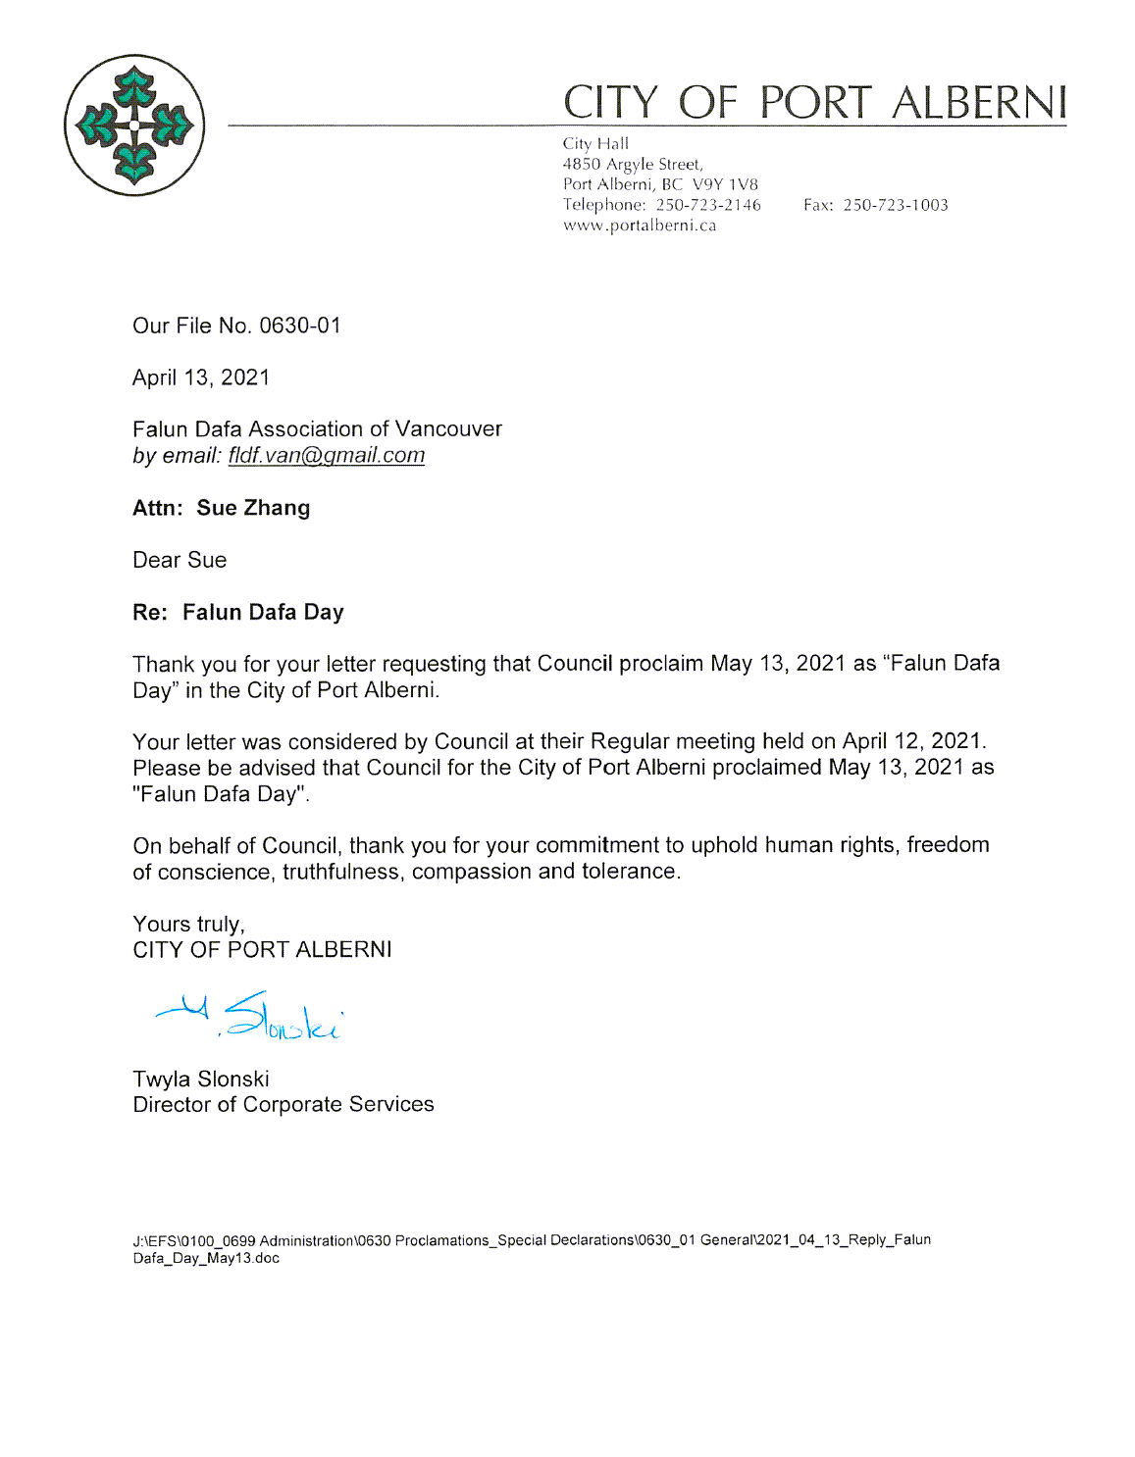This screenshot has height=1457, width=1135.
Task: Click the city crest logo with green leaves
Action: click(x=134, y=126)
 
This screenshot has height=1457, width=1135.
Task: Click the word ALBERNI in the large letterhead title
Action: click(x=978, y=103)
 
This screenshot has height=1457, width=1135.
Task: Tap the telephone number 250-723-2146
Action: click(x=708, y=205)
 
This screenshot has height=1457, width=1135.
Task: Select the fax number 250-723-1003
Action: click(x=895, y=205)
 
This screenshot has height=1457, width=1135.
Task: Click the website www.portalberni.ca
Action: click(x=640, y=226)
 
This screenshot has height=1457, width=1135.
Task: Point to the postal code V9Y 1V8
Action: click(x=725, y=184)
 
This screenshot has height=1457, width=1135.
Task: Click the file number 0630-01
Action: click(x=300, y=326)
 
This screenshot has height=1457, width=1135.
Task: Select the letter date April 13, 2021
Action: click(x=201, y=377)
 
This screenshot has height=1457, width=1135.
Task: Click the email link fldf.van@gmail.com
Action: click(x=327, y=455)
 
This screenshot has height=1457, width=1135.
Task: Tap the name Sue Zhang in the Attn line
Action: click(x=253, y=508)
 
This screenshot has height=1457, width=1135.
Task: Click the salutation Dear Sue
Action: click(x=180, y=560)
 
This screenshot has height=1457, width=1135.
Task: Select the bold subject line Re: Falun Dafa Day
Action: click(x=238, y=612)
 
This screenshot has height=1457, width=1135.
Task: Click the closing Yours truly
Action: click(x=188, y=924)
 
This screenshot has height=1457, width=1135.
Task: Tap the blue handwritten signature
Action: click(x=250, y=1016)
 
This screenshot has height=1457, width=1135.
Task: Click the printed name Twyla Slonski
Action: click(x=201, y=1079)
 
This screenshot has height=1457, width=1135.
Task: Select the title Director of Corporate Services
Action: click(x=284, y=1104)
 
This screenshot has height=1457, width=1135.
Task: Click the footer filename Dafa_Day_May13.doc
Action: click(x=206, y=1258)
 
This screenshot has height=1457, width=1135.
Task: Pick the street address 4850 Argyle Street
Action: click(x=632, y=164)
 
